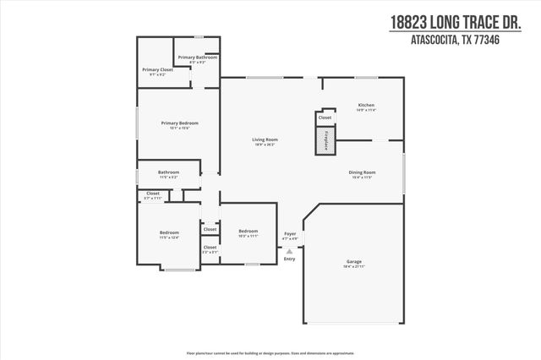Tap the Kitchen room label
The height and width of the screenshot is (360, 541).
pyautogui.click(x=366, y=105)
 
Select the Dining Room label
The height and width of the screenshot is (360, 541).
pyautogui.click(x=363, y=172)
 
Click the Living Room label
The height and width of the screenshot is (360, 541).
pyautogui.click(x=265, y=139)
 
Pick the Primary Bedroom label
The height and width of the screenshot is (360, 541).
pyautogui.click(x=175, y=123)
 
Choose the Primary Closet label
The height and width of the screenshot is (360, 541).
pyautogui.click(x=157, y=69)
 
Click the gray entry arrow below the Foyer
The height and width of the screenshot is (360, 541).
pyautogui.click(x=290, y=251)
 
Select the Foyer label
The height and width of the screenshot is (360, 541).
pyautogui.click(x=290, y=232)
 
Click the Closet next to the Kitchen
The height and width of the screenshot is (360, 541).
pyautogui.click(x=325, y=117)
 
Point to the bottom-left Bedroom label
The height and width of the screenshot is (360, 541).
pyautogui.click(x=169, y=232)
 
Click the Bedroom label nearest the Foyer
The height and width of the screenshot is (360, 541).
pyautogui.click(x=248, y=231)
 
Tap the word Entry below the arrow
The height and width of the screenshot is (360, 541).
pyautogui.click(x=290, y=259)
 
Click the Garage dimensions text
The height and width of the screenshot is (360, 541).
pyautogui.click(x=354, y=267)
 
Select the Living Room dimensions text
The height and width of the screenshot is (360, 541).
pyautogui.click(x=265, y=145)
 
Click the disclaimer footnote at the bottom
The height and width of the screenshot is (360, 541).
pyautogui.click(x=270, y=352)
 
